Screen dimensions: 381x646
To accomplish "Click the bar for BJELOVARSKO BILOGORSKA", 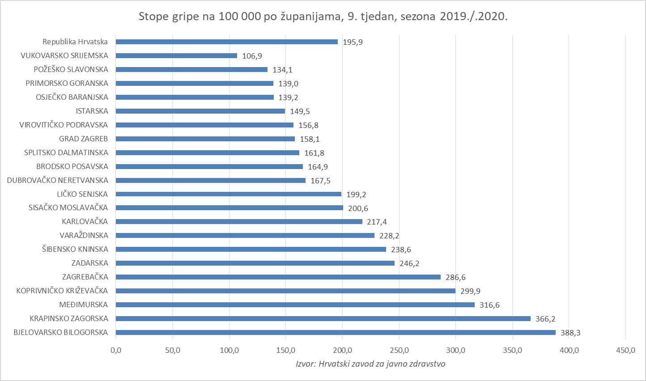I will [336, 332].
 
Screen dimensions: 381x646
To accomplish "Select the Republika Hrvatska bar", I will [227, 42].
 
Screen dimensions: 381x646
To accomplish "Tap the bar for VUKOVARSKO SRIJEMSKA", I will [176, 55].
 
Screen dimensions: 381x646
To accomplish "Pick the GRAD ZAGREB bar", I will [205, 139].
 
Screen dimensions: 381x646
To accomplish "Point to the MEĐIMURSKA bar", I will [295, 305].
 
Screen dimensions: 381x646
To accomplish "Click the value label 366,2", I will [545, 319].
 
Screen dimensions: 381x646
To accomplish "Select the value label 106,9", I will [252, 56].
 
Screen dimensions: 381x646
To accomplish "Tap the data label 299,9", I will [471, 291].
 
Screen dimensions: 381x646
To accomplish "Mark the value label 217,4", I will [377, 222].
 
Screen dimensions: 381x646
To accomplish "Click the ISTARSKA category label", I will [92, 111].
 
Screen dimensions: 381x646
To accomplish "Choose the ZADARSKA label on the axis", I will [89, 263].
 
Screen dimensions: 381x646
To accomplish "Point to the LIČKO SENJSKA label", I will [82, 194].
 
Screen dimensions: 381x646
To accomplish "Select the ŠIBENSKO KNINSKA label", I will [75, 249].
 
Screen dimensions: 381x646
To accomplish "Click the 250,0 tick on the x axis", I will [399, 350].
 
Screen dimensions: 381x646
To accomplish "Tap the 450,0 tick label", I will [625, 350].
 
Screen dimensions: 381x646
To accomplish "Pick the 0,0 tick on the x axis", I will [116, 350].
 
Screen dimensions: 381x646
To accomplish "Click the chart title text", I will [323, 17].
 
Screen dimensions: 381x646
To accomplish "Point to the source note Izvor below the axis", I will [370, 364].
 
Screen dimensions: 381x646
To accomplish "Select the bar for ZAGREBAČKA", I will [278, 277].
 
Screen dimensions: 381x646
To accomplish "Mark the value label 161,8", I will [314, 153].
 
